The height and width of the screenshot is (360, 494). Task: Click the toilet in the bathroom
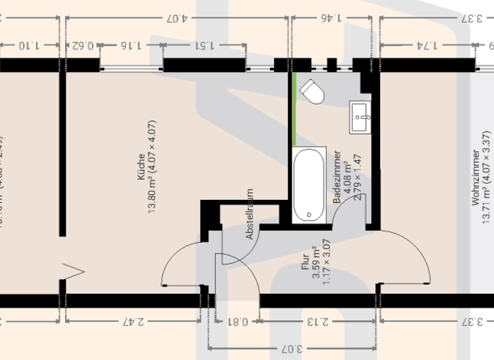coord(313,92)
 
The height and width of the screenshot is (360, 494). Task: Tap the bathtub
coord(309,185)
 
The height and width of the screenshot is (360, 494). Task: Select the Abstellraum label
coord(250,214)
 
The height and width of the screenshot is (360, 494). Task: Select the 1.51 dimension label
coord(203,45)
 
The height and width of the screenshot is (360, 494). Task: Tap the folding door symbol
coord(75,271)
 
